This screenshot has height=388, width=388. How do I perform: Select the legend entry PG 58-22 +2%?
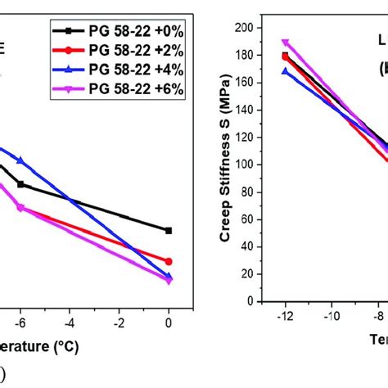pos(118,52)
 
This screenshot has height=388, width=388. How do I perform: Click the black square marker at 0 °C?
pos(169,231)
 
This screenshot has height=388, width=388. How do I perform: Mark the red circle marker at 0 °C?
pos(169,261)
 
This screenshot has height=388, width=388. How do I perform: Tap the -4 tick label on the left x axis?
pos(70,322)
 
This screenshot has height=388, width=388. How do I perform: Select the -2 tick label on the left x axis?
pos(119,322)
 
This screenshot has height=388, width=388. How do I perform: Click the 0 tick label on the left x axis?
pos(169,322)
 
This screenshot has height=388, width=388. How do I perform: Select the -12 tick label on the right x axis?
pos(284,315)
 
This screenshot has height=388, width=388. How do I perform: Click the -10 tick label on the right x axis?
pos(332,315)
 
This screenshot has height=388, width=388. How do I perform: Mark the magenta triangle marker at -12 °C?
pos(285,43)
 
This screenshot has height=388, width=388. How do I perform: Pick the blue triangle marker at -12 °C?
pos(285,71)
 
